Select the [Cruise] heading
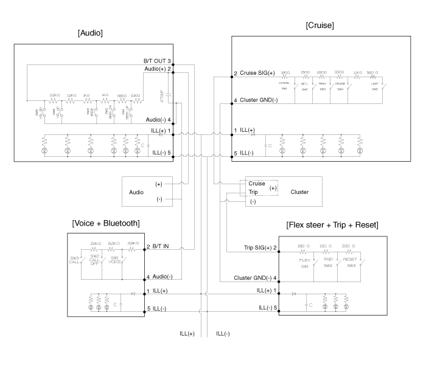pos(320,25)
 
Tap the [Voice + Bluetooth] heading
pos(106,223)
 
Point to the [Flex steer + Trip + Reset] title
pos(332,225)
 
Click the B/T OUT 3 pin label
pos(156,61)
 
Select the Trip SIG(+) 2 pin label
pos(251,247)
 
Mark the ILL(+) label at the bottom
pos(187,333)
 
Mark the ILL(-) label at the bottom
pos(223,333)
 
